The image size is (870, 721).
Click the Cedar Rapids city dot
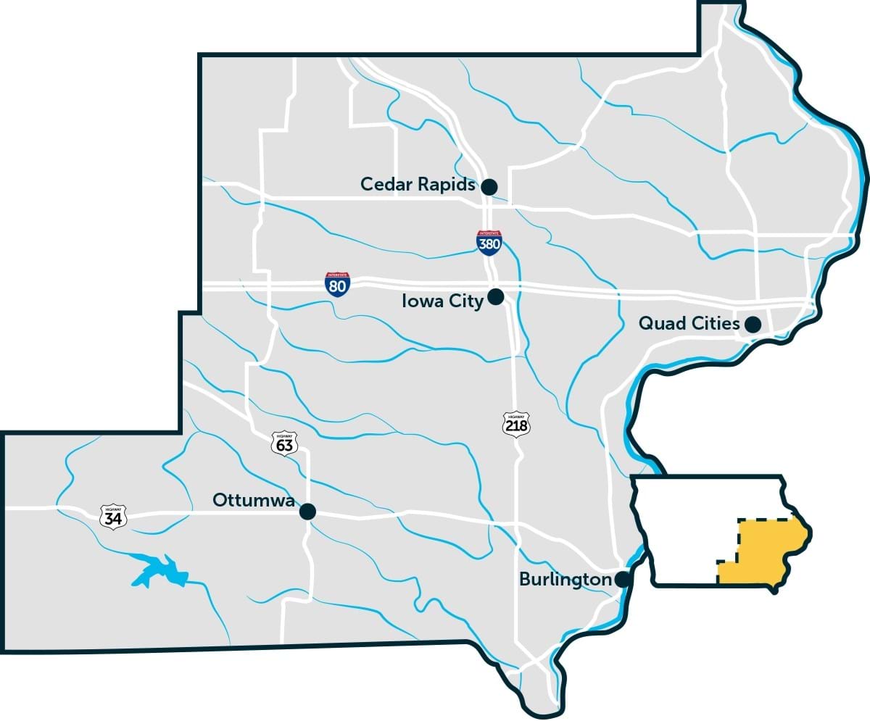[489, 187]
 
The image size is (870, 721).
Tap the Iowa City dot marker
[496, 296]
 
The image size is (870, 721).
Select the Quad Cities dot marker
[753, 324]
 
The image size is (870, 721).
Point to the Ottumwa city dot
[308, 512]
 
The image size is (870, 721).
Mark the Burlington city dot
[622, 580]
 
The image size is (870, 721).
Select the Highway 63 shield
[284, 443]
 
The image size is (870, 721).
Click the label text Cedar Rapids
[418, 185]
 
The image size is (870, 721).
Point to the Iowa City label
[442, 301]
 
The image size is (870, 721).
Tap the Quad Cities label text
[688, 323]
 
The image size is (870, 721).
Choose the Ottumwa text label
[254, 501]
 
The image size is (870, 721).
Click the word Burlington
[565, 580]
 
